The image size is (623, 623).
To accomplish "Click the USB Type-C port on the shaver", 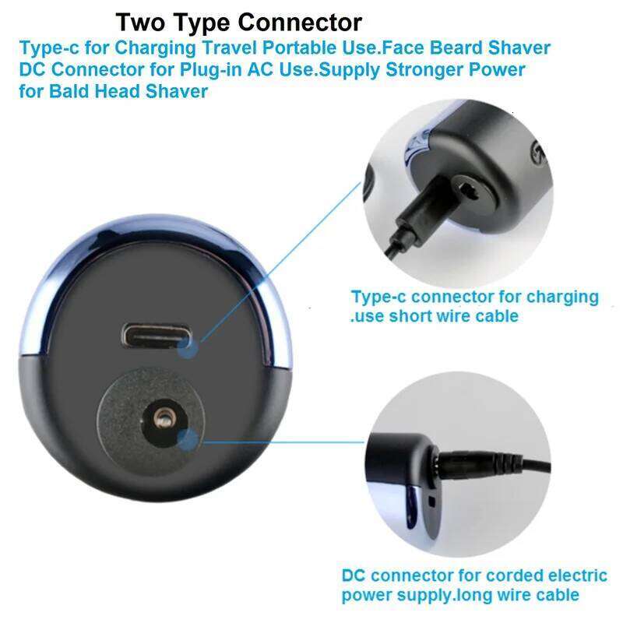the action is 157,336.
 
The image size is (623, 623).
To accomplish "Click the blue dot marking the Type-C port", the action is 188,349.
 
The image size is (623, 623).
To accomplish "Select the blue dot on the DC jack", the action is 188,440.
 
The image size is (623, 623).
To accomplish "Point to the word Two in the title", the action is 140,23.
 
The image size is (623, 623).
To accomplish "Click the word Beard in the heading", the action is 456,48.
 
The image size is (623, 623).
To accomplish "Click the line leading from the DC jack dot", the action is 281,441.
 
